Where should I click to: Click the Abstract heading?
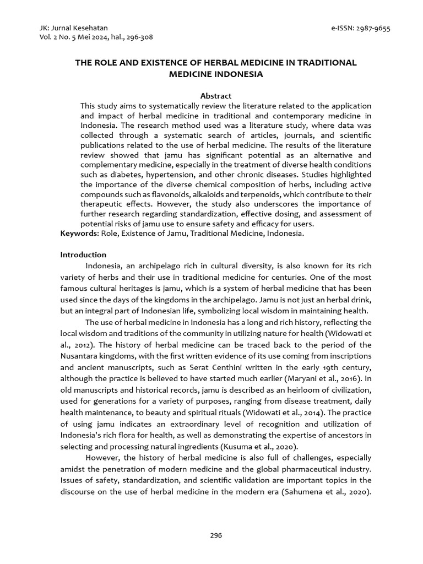tap(215, 96)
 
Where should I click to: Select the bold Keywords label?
tap(79, 234)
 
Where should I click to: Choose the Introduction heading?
tap(83, 255)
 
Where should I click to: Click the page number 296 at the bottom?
tap(215, 535)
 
